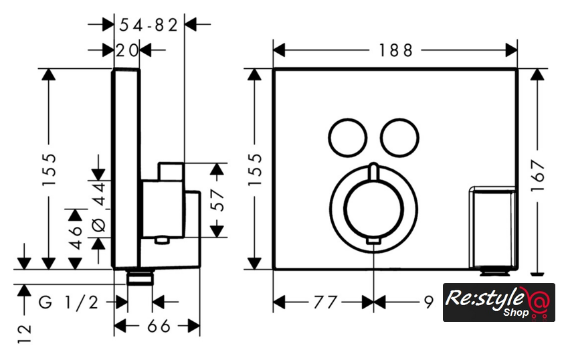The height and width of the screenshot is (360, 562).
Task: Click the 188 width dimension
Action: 395,50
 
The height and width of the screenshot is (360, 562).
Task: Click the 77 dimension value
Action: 322,302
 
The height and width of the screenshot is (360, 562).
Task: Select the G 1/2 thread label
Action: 68,302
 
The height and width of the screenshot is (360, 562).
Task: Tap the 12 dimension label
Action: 25,333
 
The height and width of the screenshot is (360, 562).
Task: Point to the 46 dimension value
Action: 76,235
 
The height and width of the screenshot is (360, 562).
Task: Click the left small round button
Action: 348,137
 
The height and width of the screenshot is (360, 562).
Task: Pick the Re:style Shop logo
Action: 498,302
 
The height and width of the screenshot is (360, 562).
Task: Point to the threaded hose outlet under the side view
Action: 140,277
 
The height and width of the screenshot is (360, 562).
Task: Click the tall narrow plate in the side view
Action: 126,167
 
